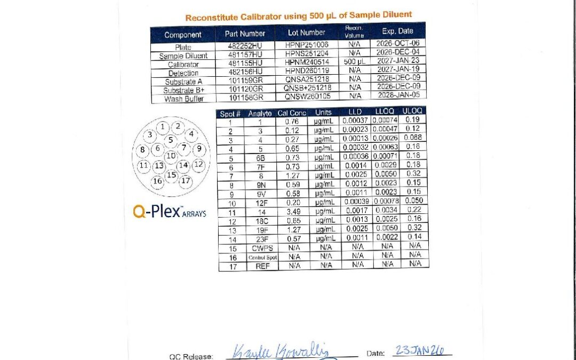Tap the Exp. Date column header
click(397, 31)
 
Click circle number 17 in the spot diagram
click(185, 180)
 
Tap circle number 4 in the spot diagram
click(191, 134)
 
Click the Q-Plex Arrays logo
click(169, 211)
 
